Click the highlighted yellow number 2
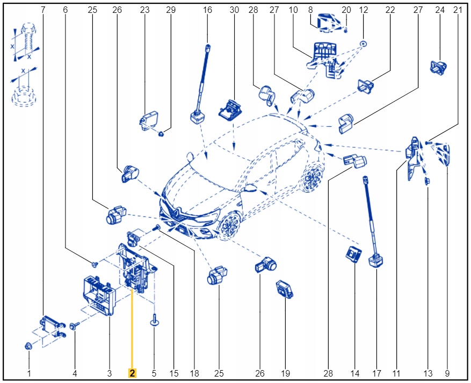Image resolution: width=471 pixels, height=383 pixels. coord(132,373)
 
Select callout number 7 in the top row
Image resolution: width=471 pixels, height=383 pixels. coord(43,10)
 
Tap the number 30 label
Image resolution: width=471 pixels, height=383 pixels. coord(234,10)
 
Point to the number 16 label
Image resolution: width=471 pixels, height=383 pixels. coord(207,10)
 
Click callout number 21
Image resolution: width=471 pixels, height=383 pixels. coord(458,10)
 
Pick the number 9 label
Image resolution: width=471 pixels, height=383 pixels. coord(447,373)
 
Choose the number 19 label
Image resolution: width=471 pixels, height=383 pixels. coord(285,373)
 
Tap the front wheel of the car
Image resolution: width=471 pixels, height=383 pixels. coord(231,225)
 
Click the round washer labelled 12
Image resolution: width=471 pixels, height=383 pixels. coord(364,44)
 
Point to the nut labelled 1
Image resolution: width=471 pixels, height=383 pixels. coord(28,346)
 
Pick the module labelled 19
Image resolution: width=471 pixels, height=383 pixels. coord(284,290)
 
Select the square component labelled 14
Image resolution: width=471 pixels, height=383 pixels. coord(353,254)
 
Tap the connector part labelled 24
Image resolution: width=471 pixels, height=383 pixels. coord(438,68)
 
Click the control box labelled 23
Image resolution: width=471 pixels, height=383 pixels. coord(149,120)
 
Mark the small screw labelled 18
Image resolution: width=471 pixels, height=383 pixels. coord(156,228)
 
